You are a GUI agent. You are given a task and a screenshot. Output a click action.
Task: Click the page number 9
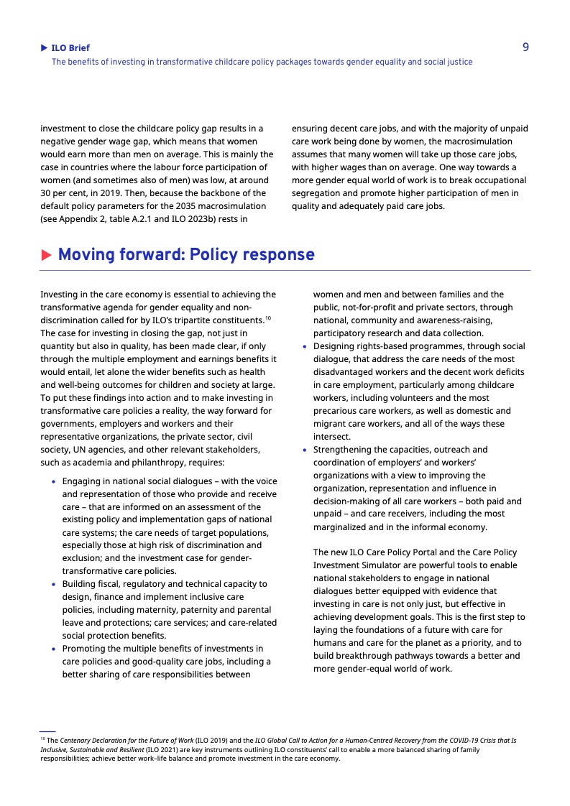coord(525,47)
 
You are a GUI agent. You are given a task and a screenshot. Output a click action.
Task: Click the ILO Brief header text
coord(70,48)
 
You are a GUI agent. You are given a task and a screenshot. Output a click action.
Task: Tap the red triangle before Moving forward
coord(46,255)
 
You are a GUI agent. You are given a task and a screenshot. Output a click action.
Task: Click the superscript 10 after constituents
coord(267,318)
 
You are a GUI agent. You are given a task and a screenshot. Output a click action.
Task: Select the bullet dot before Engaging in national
coord(53,481)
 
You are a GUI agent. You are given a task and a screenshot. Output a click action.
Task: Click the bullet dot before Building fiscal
coord(53,585)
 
